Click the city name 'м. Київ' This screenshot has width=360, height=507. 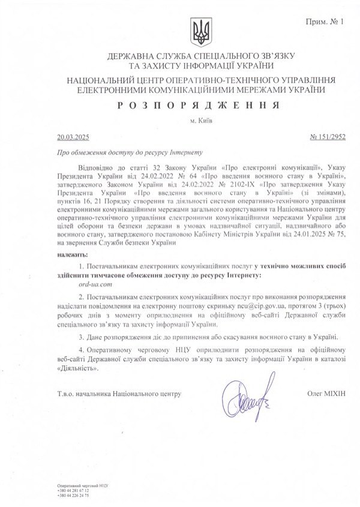[x=199, y=119]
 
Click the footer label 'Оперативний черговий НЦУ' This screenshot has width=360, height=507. [x=74, y=485]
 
